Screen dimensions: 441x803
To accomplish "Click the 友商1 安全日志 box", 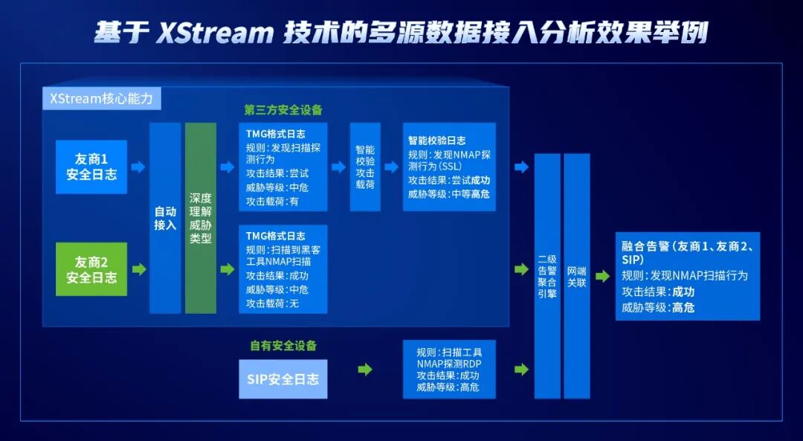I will tap(91, 167).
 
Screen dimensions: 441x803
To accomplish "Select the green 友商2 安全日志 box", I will tap(91, 269).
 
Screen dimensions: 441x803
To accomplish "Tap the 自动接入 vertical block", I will tap(165, 218).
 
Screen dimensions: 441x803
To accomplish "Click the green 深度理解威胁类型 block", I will tap(201, 218).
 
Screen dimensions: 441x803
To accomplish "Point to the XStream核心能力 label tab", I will tap(101, 97).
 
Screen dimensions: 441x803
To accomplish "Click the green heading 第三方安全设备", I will tap(283, 110).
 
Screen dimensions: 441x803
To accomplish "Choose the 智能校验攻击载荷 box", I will tap(365, 167).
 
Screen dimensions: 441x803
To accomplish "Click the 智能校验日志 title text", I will tap(437, 140).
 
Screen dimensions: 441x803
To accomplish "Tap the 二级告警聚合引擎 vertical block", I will tap(547, 276).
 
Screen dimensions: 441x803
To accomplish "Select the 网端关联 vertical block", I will tap(577, 276).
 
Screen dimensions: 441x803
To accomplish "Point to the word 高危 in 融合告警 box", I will tap(683, 307).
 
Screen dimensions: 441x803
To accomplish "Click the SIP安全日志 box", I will tap(283, 379).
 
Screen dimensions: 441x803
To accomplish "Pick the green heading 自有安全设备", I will tap(283, 346).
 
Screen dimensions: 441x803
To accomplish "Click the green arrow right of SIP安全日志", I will tap(364, 369).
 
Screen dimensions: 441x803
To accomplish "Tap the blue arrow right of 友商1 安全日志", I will tap(138, 167).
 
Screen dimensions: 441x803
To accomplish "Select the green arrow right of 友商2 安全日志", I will tap(138, 269).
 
